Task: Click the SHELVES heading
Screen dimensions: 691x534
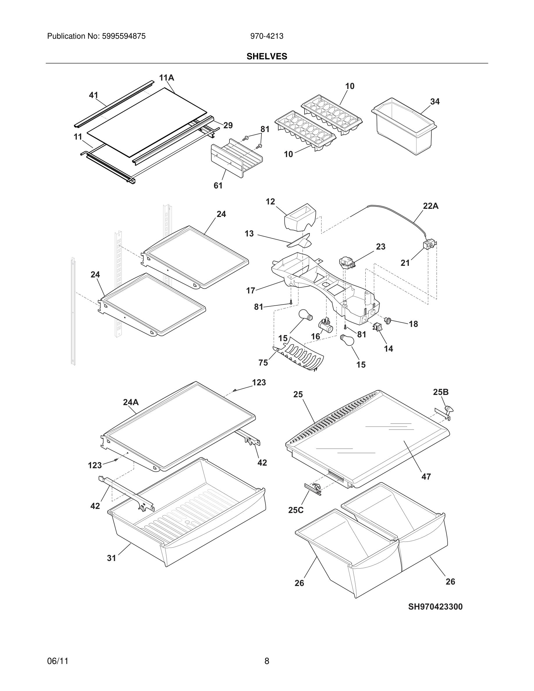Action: coord(267,56)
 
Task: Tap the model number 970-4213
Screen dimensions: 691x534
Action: coord(267,36)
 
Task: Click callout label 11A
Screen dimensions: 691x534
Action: coord(166,78)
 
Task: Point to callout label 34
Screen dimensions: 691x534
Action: coord(435,101)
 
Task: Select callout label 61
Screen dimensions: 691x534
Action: coord(218,186)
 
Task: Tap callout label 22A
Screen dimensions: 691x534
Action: coord(430,206)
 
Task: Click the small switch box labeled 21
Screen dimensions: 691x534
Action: coord(429,245)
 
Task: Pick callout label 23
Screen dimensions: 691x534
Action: coord(380,246)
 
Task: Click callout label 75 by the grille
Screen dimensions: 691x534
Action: coord(263,363)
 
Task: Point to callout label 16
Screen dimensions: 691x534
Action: coord(315,336)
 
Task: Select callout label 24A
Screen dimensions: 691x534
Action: coord(131,402)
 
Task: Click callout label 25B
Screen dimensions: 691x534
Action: coord(440,392)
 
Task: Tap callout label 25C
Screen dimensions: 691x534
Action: coord(296,510)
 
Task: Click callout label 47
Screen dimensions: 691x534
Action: coord(426,476)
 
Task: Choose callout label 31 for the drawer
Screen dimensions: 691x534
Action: coord(111,558)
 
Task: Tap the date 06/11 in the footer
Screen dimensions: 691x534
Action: coord(58,661)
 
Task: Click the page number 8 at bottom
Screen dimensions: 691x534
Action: coord(267,661)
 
